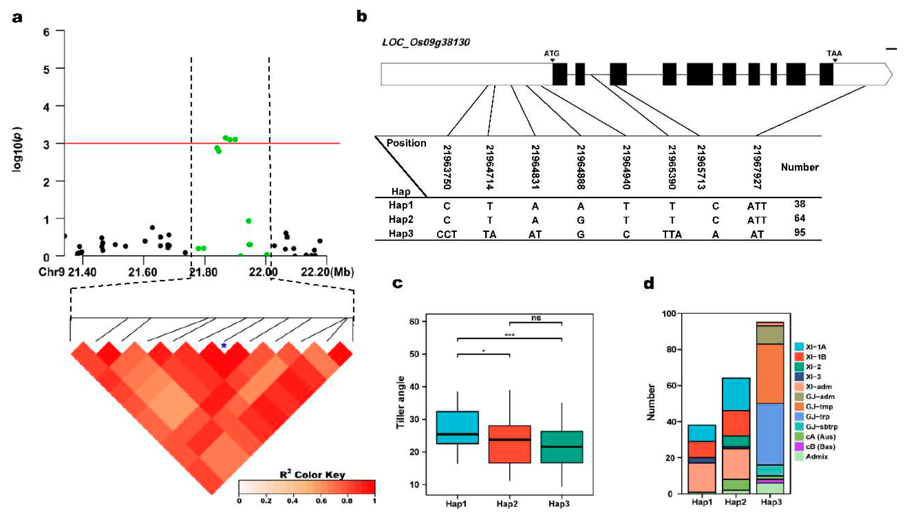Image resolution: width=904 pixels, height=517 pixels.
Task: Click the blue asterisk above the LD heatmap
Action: [224, 346]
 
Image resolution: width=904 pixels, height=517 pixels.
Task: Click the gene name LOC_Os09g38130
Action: [426, 42]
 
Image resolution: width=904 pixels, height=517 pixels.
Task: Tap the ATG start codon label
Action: [551, 54]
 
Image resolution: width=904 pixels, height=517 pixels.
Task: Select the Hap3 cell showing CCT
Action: [447, 234]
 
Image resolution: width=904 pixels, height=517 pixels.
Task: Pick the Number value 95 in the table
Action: [799, 233]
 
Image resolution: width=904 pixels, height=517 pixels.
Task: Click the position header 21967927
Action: [757, 167]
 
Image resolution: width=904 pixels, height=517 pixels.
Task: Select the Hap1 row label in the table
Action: [401, 205]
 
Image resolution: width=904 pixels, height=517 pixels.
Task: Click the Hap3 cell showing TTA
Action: [672, 234]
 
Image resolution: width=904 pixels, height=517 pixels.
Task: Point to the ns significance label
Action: [536, 318]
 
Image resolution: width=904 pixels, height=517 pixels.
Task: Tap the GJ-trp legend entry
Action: [817, 417]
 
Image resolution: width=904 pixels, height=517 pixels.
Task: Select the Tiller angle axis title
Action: [400, 402]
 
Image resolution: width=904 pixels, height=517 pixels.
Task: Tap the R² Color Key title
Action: [312, 475]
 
